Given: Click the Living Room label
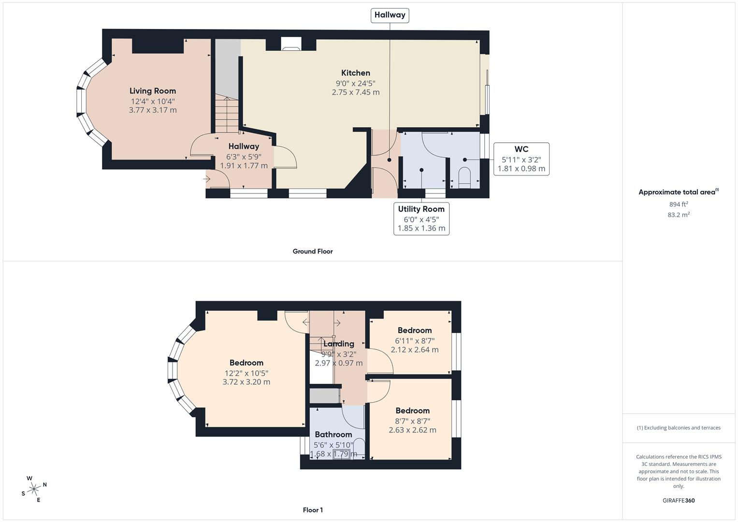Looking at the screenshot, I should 153,91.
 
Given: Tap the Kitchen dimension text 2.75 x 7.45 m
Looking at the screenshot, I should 356,92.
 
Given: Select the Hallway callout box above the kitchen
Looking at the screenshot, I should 390,15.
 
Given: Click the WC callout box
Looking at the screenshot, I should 521,159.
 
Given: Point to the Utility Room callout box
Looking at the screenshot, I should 421,218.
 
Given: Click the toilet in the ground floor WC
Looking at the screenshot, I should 464,176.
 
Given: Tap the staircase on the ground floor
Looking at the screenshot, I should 227,114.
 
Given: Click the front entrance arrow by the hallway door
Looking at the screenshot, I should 207,179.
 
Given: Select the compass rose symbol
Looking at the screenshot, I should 34,489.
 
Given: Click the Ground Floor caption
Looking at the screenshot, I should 313,251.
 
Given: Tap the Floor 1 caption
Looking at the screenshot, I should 313,510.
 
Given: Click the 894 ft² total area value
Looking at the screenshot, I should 679,204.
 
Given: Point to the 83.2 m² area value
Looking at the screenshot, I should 679,215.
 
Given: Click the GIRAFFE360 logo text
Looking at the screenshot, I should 679,500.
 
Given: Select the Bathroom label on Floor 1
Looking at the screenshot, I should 333,435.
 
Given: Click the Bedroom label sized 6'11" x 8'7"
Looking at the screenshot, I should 414,331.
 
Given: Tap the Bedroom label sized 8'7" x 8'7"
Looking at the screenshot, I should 412,411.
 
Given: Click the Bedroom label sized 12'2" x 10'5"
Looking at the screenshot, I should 246,363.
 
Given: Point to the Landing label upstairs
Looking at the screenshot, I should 338,344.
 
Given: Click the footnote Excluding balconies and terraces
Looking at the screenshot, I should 679,428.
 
